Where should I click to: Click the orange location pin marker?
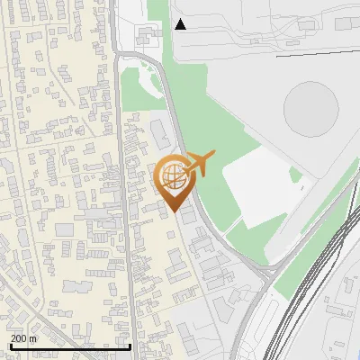(174, 180)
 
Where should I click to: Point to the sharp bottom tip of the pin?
(174, 211)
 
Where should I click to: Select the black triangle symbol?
(181, 24)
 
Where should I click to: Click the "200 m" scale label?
(22, 338)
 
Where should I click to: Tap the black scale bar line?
(70, 346)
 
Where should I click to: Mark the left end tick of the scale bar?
(10, 345)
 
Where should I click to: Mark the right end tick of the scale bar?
(130, 345)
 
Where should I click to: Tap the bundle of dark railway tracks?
(306, 270)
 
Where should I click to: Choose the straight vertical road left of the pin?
(129, 225)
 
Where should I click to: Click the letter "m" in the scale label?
(32, 338)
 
